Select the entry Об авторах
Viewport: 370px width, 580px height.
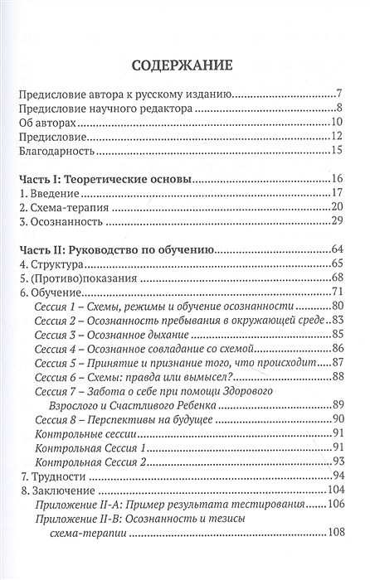(52, 121)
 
